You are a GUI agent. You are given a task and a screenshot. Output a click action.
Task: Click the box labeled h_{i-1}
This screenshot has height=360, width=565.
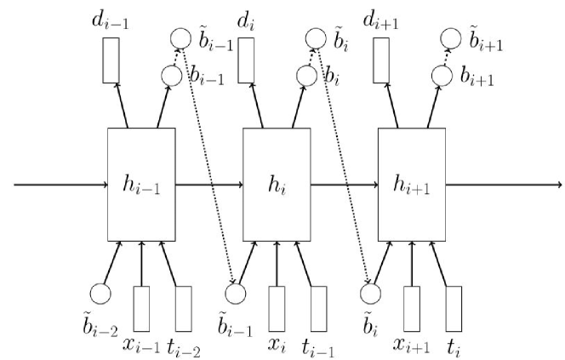pos(141,183)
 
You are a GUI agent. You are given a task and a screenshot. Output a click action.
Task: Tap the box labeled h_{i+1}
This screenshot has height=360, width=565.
pos(412,183)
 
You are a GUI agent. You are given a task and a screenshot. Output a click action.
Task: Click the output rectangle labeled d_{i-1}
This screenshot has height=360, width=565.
pos(110,60)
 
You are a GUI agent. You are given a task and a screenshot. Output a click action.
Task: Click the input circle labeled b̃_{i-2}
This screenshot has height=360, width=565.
pos(100,294)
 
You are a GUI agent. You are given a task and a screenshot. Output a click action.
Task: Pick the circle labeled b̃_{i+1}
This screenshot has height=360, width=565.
pos(450,38)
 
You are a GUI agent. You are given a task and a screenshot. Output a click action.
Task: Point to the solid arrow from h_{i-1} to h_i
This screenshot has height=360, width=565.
pos(209,183)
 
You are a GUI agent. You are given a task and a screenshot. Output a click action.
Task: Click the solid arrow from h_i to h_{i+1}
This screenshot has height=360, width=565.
pos(345,183)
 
